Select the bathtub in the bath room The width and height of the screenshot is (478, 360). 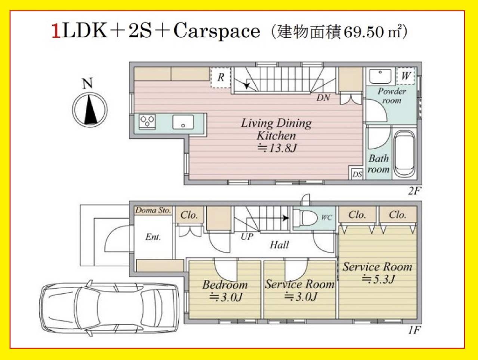tap(404, 153)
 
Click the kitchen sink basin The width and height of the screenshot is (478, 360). tap(183, 122)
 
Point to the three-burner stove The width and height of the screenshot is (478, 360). tap(147, 121)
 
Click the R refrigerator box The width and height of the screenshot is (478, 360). tap(221, 77)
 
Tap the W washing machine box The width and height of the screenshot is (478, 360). tap(405, 76)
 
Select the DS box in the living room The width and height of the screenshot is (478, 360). tap(357, 174)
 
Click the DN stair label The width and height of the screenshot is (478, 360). tap(323, 98)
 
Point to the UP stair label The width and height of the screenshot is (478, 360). tap(247, 236)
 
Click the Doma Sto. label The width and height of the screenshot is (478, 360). tap(153, 210)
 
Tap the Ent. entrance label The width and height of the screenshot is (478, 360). tap(153, 237)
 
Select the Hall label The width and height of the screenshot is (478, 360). tap(280, 245)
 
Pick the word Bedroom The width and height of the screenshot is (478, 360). tap(225, 285)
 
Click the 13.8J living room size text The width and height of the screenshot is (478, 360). tap(277, 148)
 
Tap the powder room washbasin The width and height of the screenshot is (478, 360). tap(380, 76)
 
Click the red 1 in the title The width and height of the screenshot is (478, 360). tap(56, 31)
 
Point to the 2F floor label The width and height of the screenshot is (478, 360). tap(413, 191)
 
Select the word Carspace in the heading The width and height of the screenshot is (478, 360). tap(217, 32)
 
